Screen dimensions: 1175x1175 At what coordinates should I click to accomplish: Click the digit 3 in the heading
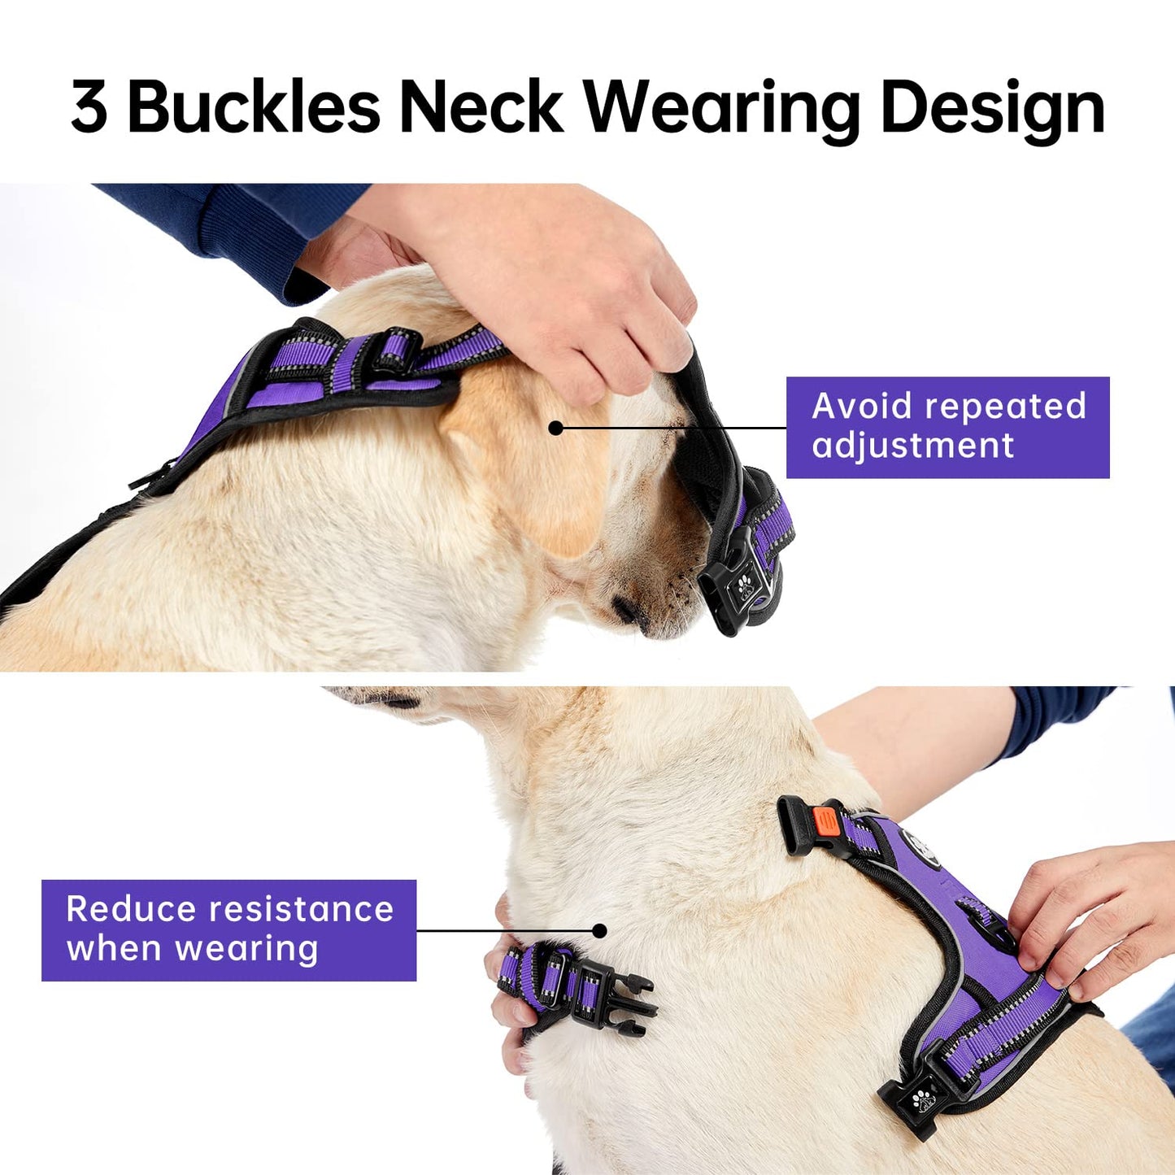point(89,107)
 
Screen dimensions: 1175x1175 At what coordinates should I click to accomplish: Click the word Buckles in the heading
point(254,107)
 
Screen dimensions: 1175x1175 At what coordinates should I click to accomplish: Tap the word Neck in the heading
point(481,107)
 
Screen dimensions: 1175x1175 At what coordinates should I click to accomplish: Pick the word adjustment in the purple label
point(912,446)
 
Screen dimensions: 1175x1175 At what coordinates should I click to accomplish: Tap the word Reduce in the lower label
point(130,909)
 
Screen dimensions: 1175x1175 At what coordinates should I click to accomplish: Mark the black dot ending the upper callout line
point(556,428)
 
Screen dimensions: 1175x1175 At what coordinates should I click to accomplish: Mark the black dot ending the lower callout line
point(600,930)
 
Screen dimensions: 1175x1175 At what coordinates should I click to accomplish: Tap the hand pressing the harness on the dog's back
point(1090,919)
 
